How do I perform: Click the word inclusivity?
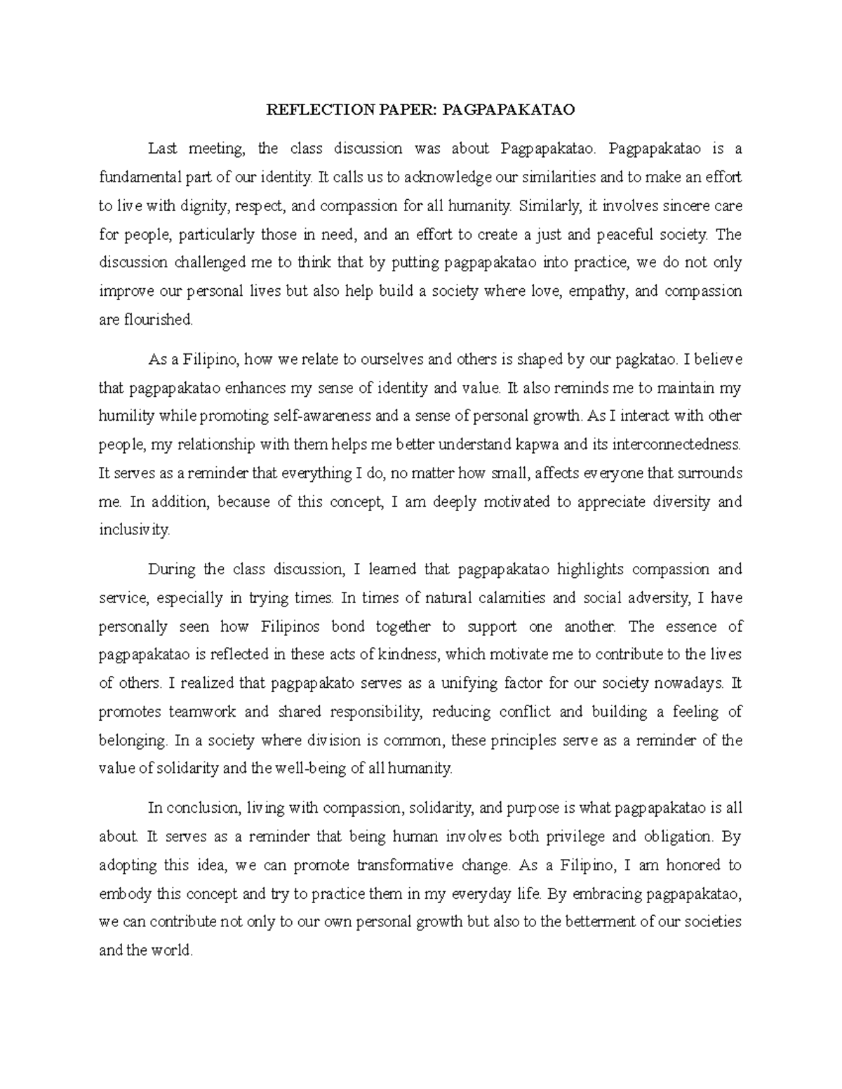134,530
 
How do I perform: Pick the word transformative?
414,865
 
